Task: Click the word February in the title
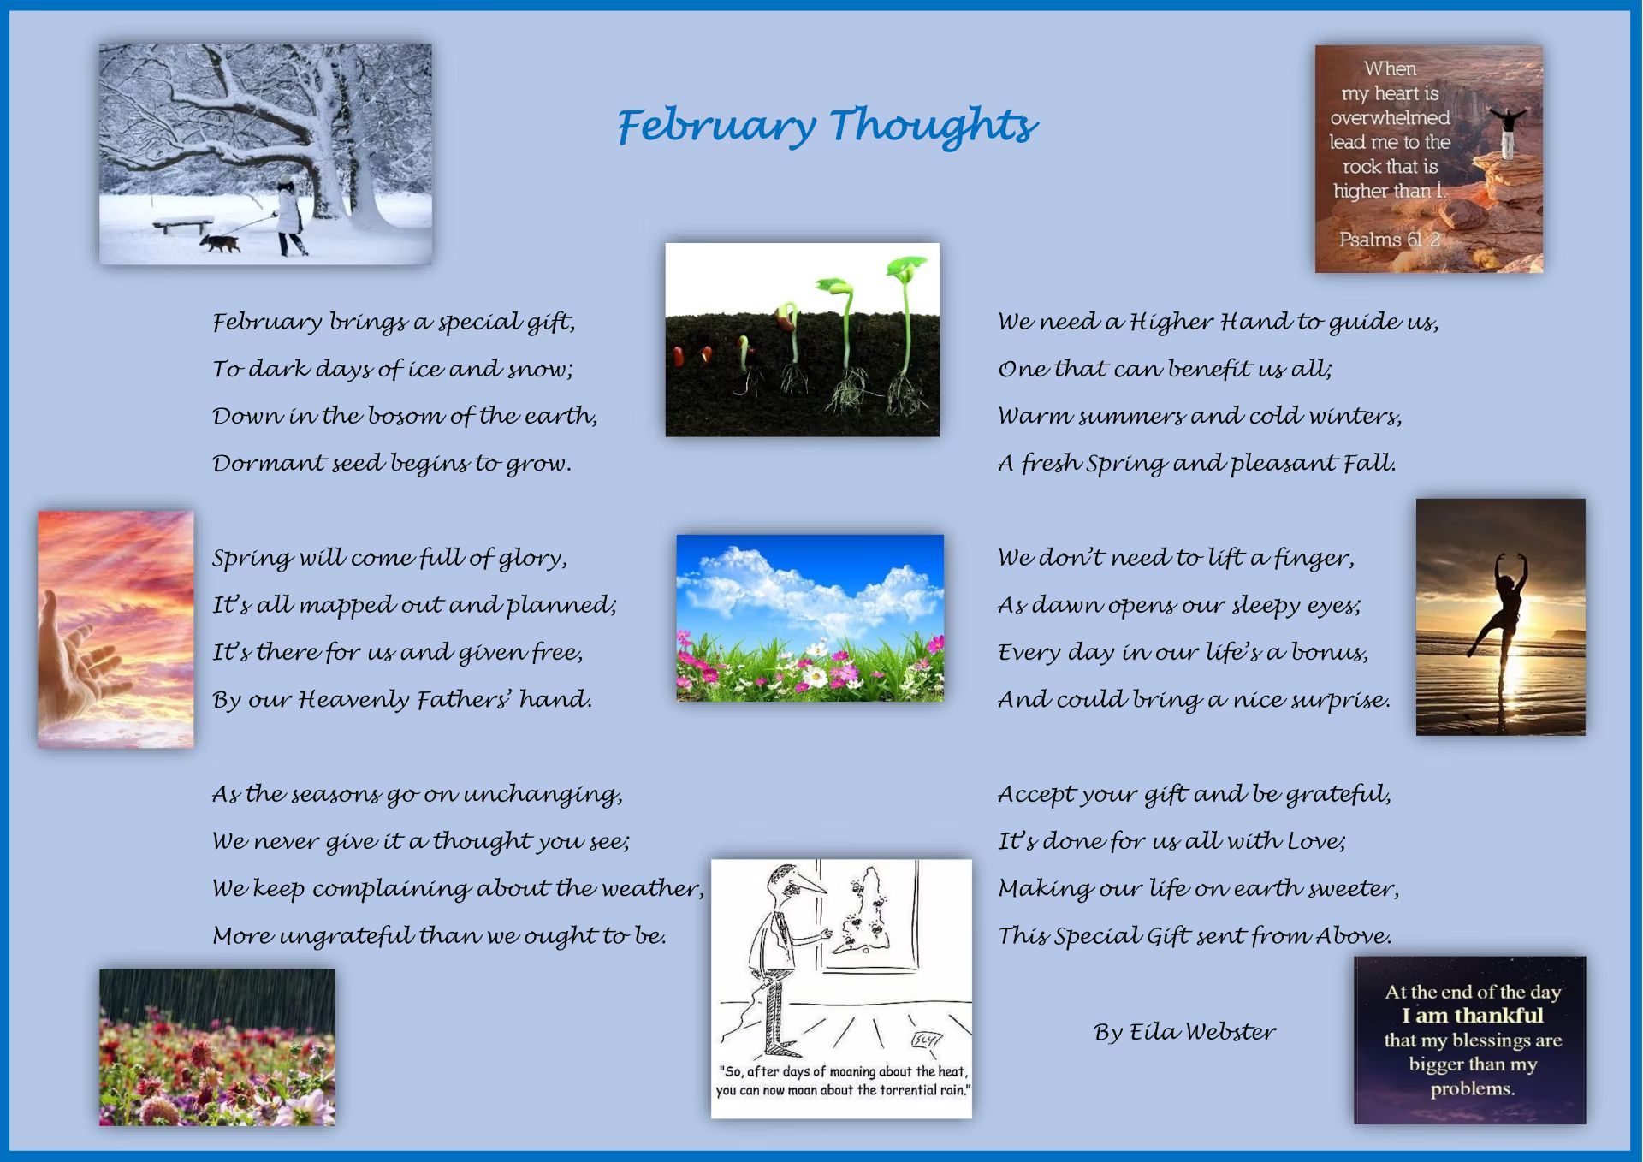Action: click(716, 127)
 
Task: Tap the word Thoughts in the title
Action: click(934, 124)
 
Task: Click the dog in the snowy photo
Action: click(221, 244)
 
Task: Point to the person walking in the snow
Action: click(289, 216)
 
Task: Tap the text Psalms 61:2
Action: click(1390, 240)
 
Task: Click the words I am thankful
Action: click(1472, 1016)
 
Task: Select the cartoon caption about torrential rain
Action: click(843, 1081)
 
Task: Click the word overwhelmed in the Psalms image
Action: click(1390, 117)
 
